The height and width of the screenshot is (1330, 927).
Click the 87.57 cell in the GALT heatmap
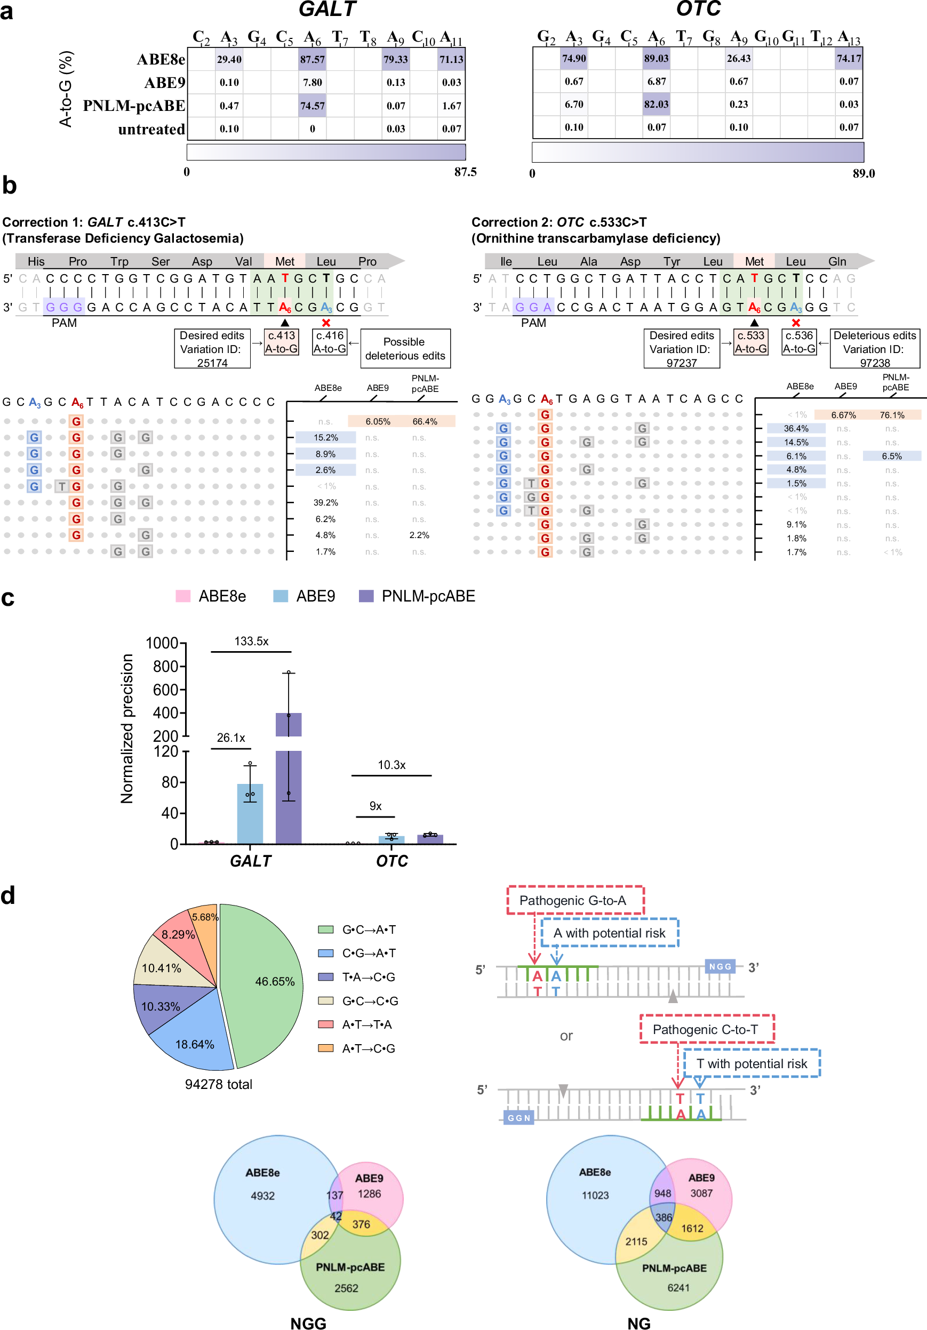pyautogui.click(x=312, y=60)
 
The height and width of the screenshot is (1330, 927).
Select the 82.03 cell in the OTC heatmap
pyautogui.click(x=656, y=105)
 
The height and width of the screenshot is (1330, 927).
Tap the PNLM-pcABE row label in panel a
pyautogui.click(x=134, y=106)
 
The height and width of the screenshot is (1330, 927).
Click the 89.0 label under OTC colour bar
pyautogui.click(x=864, y=174)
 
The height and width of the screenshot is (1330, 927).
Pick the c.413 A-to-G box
pyautogui.click(x=282, y=342)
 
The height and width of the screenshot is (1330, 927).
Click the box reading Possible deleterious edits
pyautogui.click(x=405, y=349)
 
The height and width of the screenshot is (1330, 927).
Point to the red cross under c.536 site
pyautogui.click(x=796, y=323)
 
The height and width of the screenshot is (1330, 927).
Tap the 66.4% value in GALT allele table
pyautogui.click(x=425, y=422)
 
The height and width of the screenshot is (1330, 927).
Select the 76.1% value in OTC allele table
pyautogui.click(x=892, y=415)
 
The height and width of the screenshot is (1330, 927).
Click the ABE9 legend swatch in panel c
pyautogui.click(x=281, y=596)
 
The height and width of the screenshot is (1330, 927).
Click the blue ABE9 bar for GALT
pyautogui.click(x=250, y=813)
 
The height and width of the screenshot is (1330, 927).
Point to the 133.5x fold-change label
pyautogui.click(x=251, y=641)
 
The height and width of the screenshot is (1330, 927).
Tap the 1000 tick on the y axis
pyautogui.click(x=162, y=643)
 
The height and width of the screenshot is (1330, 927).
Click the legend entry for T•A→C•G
pyautogui.click(x=369, y=977)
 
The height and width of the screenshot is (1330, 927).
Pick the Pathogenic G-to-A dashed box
pyautogui.click(x=575, y=900)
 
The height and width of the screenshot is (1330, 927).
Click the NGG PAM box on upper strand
pyautogui.click(x=720, y=966)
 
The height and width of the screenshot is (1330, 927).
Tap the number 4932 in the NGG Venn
pyautogui.click(x=262, y=1196)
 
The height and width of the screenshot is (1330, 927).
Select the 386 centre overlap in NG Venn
pyautogui.click(x=664, y=1217)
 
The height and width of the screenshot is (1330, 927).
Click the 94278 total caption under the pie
pyautogui.click(x=219, y=1084)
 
